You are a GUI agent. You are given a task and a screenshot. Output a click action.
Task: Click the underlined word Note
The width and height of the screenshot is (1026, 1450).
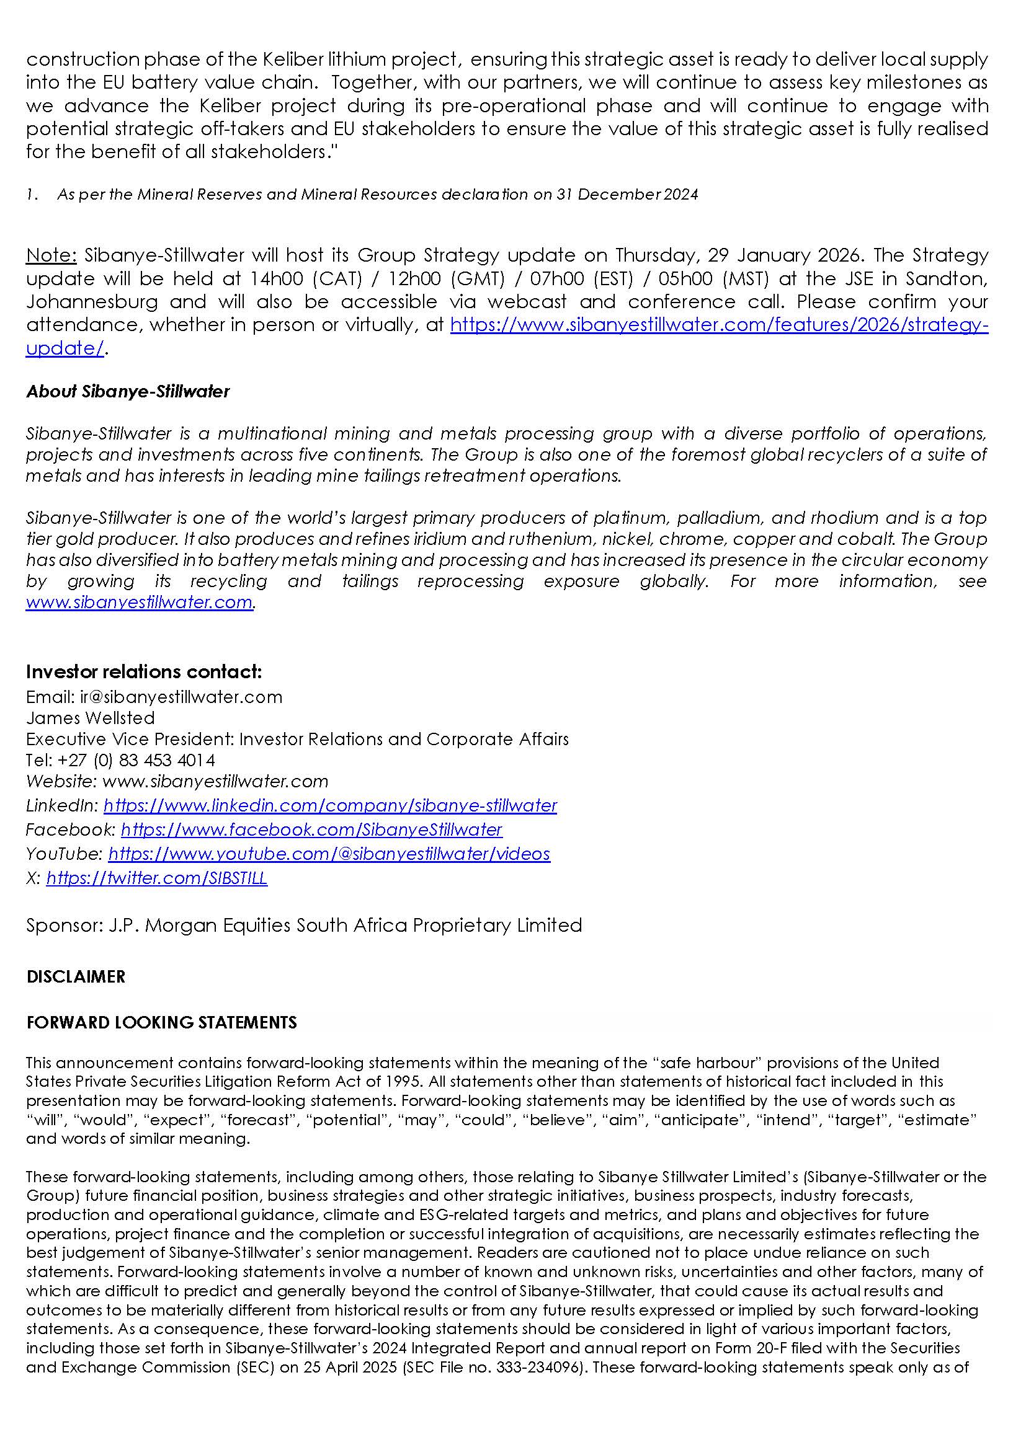pos(50,256)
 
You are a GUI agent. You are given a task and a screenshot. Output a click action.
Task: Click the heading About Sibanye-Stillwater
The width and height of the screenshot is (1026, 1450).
pos(128,392)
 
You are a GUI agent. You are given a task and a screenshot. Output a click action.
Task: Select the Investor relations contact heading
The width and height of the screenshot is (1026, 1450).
pos(143,671)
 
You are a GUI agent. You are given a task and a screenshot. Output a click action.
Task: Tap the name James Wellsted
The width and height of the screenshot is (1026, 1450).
pos(91,718)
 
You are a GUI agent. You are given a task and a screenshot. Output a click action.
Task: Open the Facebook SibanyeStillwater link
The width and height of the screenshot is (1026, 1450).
pos(311,829)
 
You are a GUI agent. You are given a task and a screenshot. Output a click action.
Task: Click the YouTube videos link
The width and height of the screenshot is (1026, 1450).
pos(329,854)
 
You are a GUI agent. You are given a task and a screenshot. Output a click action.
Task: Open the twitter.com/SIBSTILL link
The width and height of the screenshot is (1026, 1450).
pos(157,878)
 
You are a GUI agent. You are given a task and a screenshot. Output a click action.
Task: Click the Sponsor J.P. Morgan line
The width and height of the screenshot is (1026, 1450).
pos(304,925)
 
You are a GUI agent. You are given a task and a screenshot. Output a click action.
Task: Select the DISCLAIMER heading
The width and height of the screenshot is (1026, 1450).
pos(76,977)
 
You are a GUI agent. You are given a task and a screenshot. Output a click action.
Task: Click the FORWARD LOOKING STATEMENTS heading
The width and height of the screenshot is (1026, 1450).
pos(162,1022)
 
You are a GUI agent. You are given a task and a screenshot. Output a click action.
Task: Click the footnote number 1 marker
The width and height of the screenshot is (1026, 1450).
pos(30,195)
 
